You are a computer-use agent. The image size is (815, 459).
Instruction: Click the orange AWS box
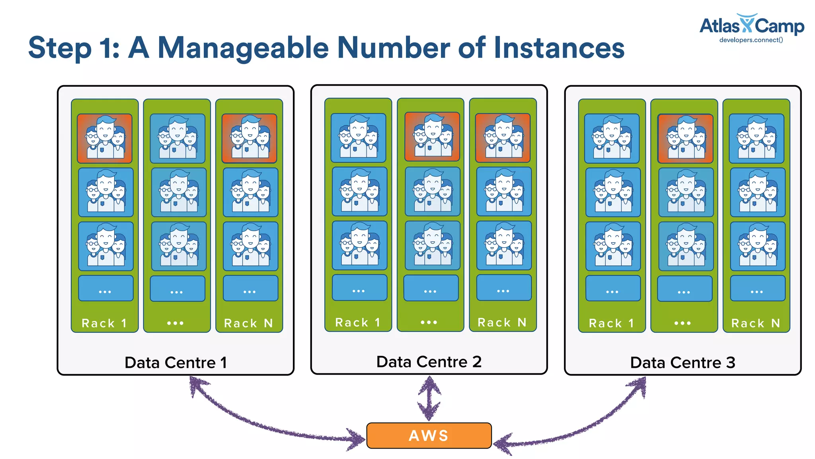click(429, 435)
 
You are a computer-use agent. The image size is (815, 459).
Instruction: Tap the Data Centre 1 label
click(175, 363)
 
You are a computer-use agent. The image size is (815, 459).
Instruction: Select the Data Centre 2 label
click(429, 362)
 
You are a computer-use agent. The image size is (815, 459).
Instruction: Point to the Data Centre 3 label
click(682, 363)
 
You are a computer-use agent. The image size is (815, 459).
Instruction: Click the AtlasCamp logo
click(751, 26)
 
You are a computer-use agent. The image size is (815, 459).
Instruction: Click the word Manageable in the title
click(243, 48)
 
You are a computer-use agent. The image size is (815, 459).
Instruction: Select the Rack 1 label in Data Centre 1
click(104, 323)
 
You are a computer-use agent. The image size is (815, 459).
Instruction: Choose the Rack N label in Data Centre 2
click(502, 322)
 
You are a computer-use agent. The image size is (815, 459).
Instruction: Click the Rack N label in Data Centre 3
click(756, 323)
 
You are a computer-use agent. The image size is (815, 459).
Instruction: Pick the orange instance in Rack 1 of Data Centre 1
click(105, 138)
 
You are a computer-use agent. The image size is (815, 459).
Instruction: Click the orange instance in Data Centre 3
click(685, 138)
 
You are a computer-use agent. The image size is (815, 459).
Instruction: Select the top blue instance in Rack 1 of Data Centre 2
click(358, 138)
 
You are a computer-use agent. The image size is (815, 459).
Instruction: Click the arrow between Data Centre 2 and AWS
click(429, 398)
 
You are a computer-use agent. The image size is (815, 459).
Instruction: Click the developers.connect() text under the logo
click(751, 40)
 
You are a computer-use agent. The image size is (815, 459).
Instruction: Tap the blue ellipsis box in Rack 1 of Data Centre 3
click(612, 288)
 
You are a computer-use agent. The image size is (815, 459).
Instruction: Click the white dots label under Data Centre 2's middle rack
click(429, 322)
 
